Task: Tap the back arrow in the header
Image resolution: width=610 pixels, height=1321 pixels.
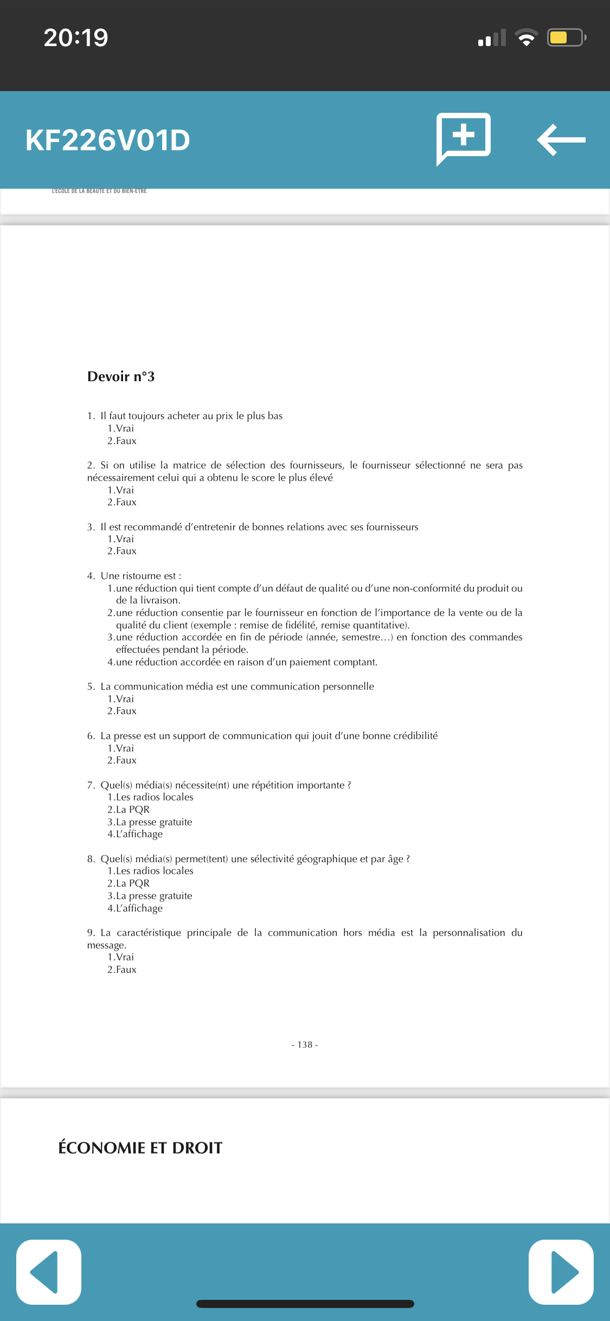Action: [561, 140]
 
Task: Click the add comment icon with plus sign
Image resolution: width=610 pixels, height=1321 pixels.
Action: [464, 137]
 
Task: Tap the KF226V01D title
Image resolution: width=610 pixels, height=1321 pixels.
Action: [107, 140]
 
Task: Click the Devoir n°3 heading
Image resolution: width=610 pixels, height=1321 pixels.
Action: [121, 377]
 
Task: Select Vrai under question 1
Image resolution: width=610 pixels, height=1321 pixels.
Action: [121, 428]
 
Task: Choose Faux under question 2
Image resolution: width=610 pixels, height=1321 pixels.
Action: [122, 502]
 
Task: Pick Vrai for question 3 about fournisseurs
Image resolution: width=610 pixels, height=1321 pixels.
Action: [121, 539]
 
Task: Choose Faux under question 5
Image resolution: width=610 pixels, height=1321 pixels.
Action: [122, 711]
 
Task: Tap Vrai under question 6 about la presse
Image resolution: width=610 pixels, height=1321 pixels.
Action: [121, 748]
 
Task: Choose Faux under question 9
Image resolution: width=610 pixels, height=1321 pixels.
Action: [122, 970]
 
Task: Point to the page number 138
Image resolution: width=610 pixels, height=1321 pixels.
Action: [305, 1045]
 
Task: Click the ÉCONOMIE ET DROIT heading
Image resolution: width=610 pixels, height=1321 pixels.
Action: [140, 1148]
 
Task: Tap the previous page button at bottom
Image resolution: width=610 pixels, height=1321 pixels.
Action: [49, 1272]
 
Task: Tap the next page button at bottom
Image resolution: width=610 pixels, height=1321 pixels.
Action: [561, 1272]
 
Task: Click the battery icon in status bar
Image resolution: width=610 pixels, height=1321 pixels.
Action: [566, 37]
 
